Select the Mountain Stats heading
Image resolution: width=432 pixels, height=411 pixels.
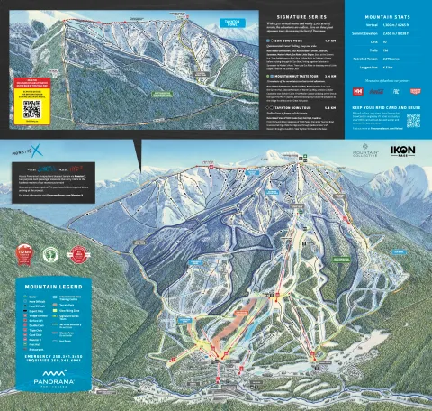[388, 18]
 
